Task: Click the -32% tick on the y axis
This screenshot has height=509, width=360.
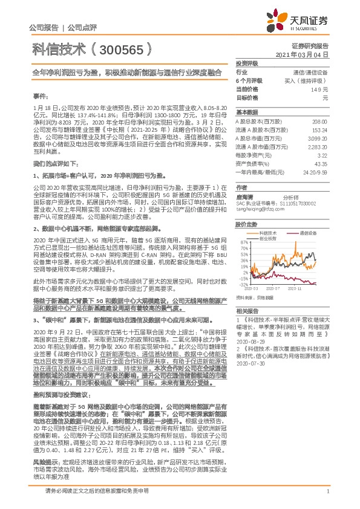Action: (x=241, y=284)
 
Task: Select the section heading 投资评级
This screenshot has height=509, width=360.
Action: (x=247, y=63)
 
